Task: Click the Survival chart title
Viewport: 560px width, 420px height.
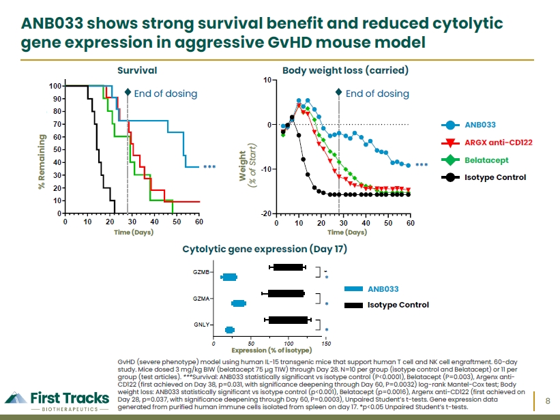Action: pos(137,70)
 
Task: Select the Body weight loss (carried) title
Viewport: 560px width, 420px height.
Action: pos(345,70)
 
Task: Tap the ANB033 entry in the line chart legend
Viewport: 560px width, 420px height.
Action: pos(469,125)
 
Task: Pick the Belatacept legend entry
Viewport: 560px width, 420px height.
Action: pos(475,160)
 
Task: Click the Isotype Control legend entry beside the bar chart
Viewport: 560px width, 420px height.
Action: pos(387,305)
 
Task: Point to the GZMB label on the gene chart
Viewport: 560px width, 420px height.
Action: pos(201,272)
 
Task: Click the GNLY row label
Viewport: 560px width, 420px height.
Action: pos(201,325)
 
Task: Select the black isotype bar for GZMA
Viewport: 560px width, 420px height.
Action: pos(286,294)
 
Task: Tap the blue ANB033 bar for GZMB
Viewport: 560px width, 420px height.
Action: pos(230,277)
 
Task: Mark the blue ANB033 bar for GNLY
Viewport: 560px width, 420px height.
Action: pos(230,330)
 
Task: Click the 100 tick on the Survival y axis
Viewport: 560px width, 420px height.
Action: pos(55,86)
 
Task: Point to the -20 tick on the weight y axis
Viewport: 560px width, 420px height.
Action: pos(267,213)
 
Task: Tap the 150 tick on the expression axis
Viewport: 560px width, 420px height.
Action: pos(326,344)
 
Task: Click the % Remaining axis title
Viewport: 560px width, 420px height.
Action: pos(42,162)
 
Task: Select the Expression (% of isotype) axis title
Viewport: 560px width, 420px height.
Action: pos(271,350)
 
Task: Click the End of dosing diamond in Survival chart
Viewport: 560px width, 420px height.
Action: pos(128,93)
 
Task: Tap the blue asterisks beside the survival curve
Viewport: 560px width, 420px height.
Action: pos(209,167)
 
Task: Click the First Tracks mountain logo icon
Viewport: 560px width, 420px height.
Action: pos(16,397)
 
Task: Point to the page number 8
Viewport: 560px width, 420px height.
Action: pos(548,401)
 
